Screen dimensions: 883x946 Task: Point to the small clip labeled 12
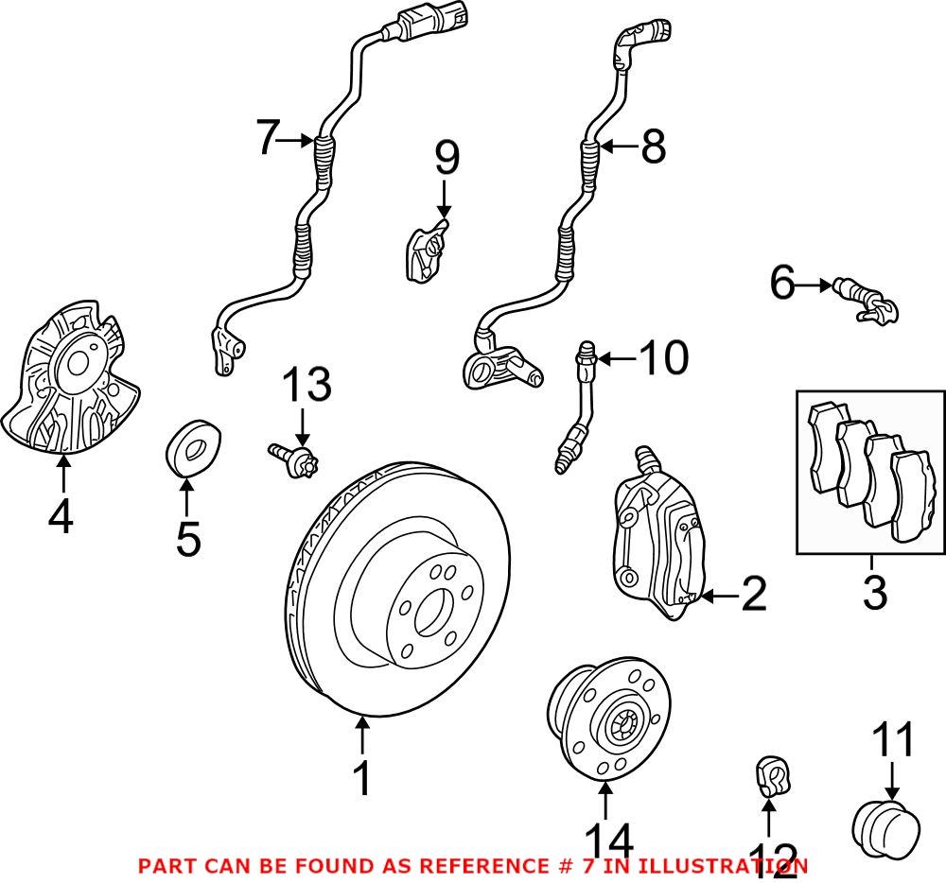click(770, 778)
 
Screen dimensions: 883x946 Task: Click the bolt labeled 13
click(294, 460)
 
